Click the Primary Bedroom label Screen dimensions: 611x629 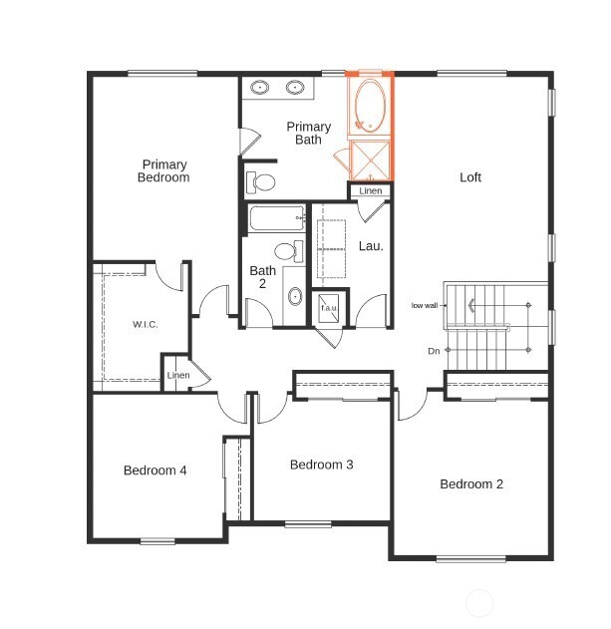(x=163, y=170)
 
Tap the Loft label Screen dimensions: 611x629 (x=470, y=176)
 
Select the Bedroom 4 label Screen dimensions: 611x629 (x=155, y=471)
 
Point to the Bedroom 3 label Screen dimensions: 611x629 (x=321, y=465)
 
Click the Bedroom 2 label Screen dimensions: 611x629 (x=471, y=483)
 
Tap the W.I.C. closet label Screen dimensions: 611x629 (x=146, y=324)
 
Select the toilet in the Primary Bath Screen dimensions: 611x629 (x=260, y=182)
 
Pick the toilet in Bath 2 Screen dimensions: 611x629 (x=289, y=251)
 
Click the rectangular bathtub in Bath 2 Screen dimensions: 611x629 (x=277, y=218)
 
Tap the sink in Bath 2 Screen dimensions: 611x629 (x=295, y=296)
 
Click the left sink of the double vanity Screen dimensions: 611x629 (x=260, y=87)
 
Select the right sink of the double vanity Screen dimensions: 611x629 (x=295, y=87)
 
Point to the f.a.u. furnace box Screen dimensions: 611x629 (x=329, y=308)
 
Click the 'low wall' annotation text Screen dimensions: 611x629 (x=425, y=305)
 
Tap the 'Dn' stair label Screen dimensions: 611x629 (x=434, y=351)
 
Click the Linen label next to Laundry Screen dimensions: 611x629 (x=371, y=190)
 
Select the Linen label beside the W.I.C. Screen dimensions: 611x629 (x=178, y=375)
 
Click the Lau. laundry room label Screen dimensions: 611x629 (x=371, y=245)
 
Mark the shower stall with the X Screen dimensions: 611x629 (x=371, y=160)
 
